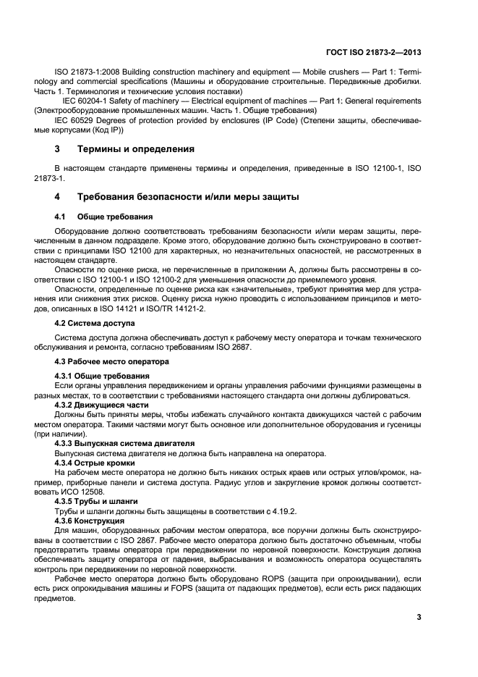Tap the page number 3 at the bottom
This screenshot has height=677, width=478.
[x=419, y=617]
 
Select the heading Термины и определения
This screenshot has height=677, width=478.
[x=135, y=149]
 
